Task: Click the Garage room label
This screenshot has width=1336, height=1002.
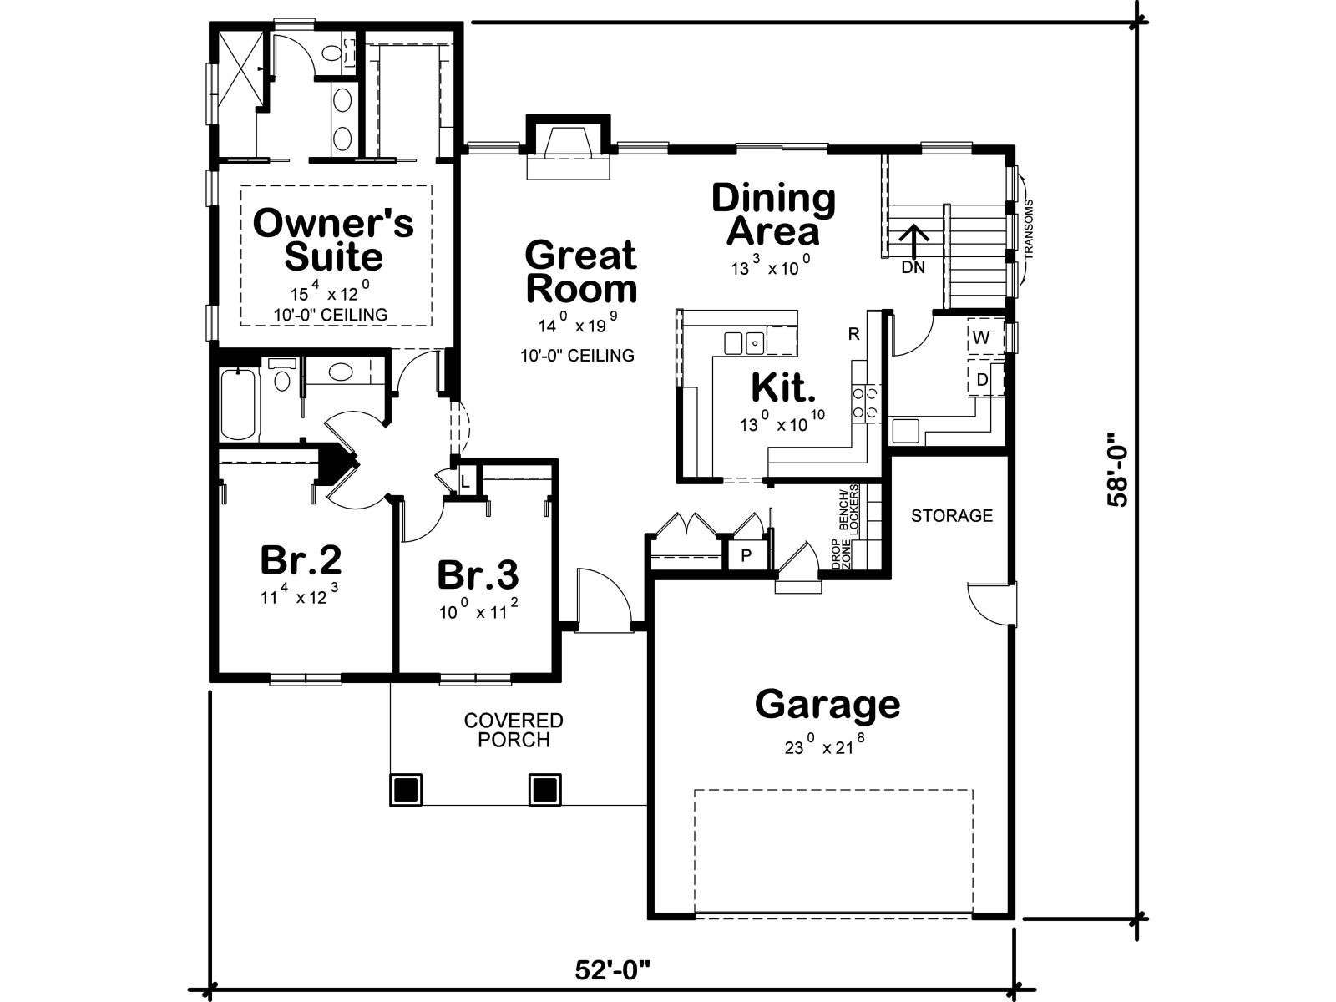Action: tap(827, 705)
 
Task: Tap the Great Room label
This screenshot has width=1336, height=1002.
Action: tap(581, 271)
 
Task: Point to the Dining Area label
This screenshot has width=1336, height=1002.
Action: tap(773, 214)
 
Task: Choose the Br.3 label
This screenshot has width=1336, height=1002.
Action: tap(478, 574)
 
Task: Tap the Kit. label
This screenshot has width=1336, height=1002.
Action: tap(783, 387)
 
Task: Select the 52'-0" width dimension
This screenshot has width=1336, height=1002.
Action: tap(613, 969)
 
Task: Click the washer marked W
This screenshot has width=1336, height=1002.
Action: tap(981, 337)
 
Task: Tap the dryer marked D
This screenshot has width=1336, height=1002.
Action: tap(982, 380)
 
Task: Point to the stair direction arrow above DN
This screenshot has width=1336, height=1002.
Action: tap(914, 242)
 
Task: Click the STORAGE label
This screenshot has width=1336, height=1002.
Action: tap(952, 516)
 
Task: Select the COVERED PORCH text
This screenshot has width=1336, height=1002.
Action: tap(514, 730)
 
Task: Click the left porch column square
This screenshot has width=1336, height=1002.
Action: tap(405, 790)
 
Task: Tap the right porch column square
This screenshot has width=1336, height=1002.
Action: tap(544, 790)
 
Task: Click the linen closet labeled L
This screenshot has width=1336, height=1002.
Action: tap(466, 483)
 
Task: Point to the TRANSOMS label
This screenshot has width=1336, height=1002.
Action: tap(1030, 229)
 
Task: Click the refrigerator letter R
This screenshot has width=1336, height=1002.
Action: tap(854, 333)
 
